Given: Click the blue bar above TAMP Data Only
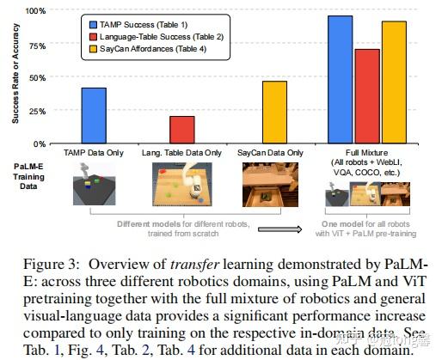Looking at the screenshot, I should [x=93, y=115].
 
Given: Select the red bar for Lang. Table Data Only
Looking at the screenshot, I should [x=181, y=130].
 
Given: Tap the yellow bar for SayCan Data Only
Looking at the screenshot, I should [x=273, y=112].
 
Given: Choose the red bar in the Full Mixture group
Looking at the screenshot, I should [x=367, y=95].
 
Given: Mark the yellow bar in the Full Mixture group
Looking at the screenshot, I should [x=394, y=82].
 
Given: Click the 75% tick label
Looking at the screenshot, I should [x=38, y=45].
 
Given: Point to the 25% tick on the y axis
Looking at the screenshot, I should [x=38, y=111].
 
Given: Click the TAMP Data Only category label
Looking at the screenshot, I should [x=94, y=152].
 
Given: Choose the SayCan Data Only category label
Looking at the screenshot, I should [x=269, y=152].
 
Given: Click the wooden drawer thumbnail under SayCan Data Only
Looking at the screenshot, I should [x=269, y=186].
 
